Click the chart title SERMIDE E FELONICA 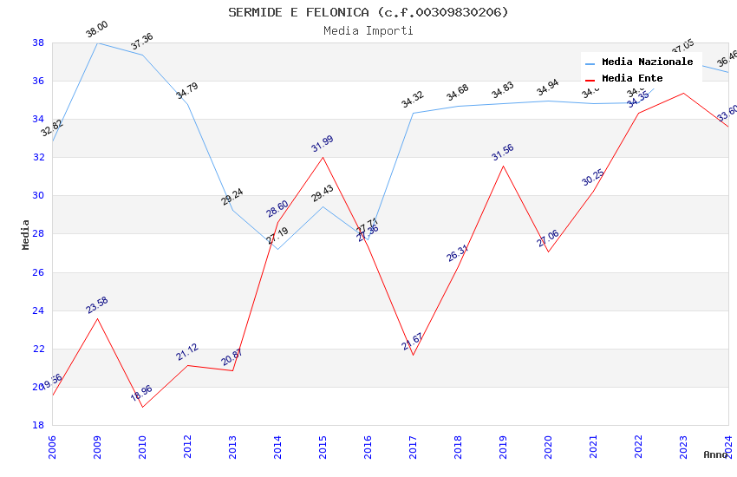[x=368, y=12]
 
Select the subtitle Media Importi [x=368, y=30]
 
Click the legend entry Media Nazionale [x=647, y=62]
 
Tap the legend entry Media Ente [x=632, y=78]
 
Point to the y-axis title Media [x=26, y=234]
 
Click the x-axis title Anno [x=715, y=454]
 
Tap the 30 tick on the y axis [x=38, y=195]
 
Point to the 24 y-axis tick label [x=38, y=310]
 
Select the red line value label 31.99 [x=322, y=144]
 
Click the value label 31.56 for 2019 [x=502, y=153]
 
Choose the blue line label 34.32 [x=412, y=100]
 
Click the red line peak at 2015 [x=323, y=157]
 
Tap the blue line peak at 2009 [x=97, y=42]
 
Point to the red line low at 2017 [x=413, y=355]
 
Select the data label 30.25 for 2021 [x=592, y=178]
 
